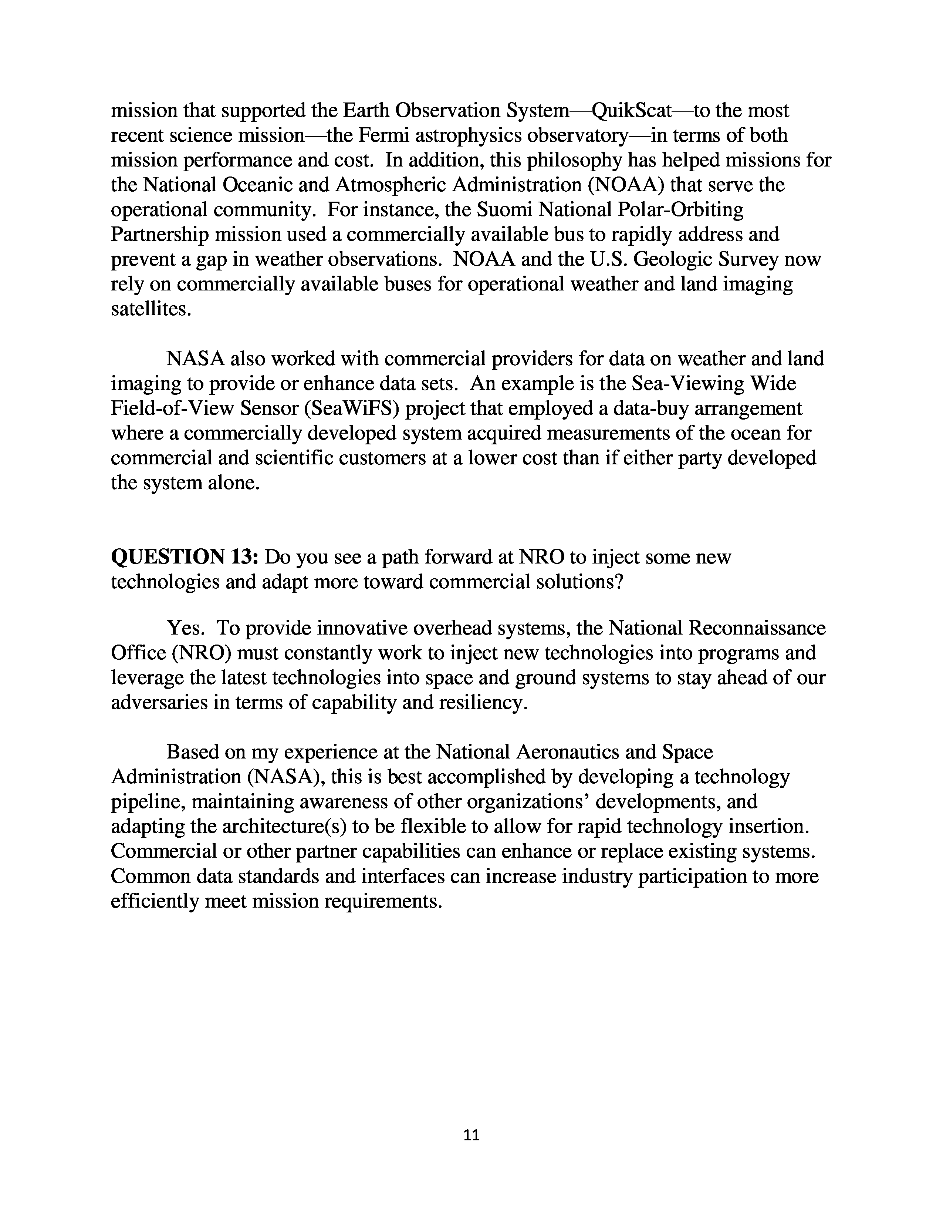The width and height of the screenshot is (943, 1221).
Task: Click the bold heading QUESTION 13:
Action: click(185, 557)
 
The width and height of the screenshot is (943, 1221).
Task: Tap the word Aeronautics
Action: click(566, 752)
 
